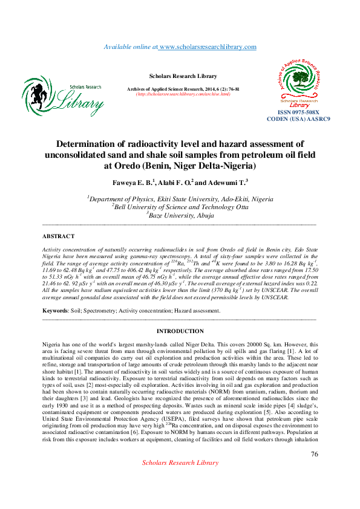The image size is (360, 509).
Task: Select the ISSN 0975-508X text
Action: coord(298,112)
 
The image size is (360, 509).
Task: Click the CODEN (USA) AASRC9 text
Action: coord(298,119)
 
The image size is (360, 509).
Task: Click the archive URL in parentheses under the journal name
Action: coord(183,94)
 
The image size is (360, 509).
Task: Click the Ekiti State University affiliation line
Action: coord(180,199)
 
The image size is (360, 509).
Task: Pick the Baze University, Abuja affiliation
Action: coord(180,214)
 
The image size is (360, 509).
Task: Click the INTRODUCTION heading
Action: coord(180,331)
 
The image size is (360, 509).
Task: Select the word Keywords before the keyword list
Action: coord(55,311)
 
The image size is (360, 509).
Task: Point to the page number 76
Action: coord(314,455)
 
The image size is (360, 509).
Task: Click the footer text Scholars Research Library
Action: coord(180,462)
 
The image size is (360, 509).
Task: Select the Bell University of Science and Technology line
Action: coord(180,206)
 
